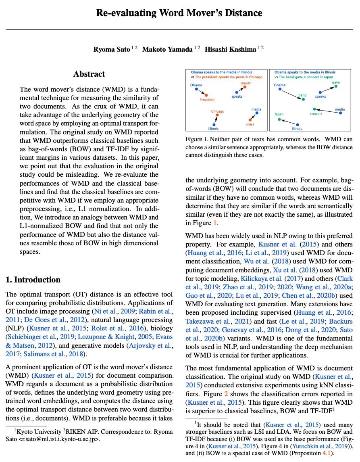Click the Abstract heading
click(x=89, y=74)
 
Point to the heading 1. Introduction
click(x=33, y=280)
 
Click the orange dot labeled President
click(x=206, y=95)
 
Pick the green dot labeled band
click(x=304, y=99)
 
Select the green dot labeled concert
click(x=314, y=109)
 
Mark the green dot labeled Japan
click(x=279, y=119)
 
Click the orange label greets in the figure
click(x=246, y=83)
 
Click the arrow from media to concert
click(x=327, y=111)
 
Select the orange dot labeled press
click(x=250, y=120)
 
